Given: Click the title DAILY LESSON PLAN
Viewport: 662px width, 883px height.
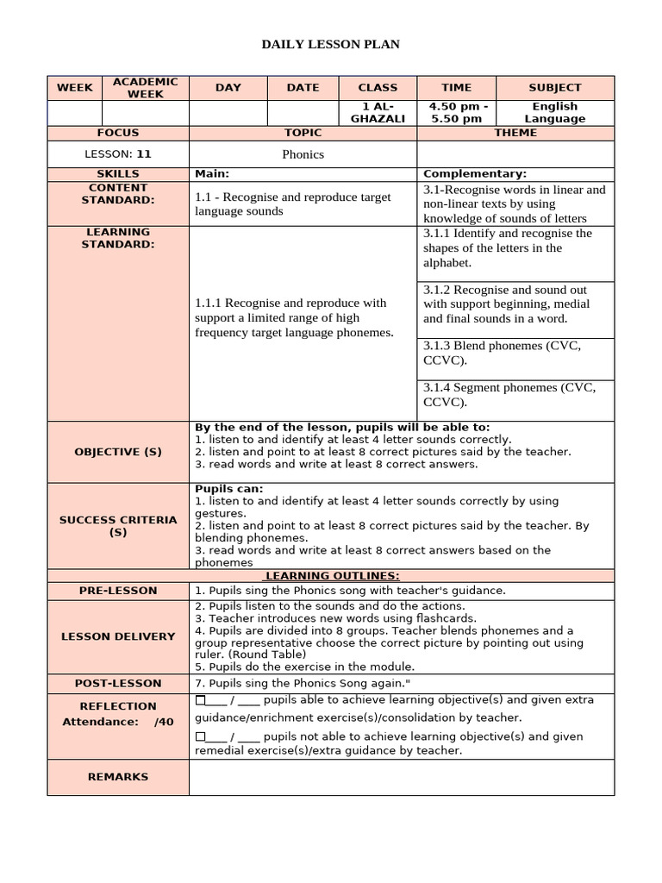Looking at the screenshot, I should point(331,44).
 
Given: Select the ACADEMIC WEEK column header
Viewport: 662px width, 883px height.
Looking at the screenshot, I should point(145,87).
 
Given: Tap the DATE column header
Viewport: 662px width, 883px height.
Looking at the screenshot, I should point(303,87).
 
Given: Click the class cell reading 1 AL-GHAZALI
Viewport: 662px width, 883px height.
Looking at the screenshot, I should point(378,112).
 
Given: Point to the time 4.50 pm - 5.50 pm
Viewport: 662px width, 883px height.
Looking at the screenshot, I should point(456,112).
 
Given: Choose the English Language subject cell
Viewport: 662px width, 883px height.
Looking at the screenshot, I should point(554,112).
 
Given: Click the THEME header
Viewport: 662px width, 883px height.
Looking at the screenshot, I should point(515,133).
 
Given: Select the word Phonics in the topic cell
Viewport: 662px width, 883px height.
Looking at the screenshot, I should point(303,154).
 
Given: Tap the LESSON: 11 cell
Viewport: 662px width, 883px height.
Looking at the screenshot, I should point(118,154).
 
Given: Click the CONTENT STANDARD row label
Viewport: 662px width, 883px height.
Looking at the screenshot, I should point(118,194).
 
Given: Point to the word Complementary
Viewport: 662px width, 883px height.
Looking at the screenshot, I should point(475,173).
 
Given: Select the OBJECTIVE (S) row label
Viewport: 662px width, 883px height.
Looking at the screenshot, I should point(118,452).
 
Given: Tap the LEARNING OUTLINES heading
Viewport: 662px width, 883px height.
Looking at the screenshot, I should point(332,576).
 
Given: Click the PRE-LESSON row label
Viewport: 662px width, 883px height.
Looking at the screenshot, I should point(118,591).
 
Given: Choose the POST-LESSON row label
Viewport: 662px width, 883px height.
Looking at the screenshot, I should point(118,683).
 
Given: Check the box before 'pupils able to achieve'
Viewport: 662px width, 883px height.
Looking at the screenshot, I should point(201,699).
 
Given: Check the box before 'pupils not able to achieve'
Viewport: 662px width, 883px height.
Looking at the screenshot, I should point(201,736).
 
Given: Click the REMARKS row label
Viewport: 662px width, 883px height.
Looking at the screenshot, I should point(118,777).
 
